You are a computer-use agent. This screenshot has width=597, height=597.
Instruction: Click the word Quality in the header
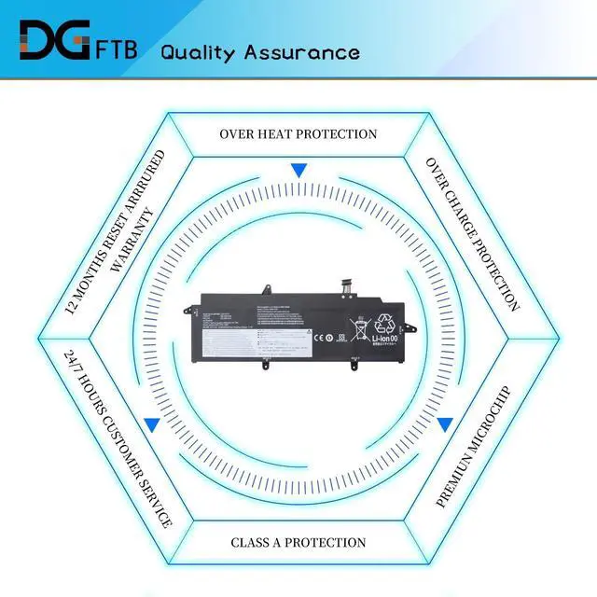click(199, 50)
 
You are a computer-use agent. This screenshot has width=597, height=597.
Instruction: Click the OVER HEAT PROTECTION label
click(298, 134)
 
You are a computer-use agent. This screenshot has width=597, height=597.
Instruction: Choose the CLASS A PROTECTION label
click(298, 542)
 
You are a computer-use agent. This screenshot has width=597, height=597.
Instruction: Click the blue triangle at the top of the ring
click(298, 171)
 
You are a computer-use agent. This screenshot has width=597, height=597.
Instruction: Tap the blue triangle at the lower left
click(151, 424)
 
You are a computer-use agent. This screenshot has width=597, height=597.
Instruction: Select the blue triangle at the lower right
click(445, 424)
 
